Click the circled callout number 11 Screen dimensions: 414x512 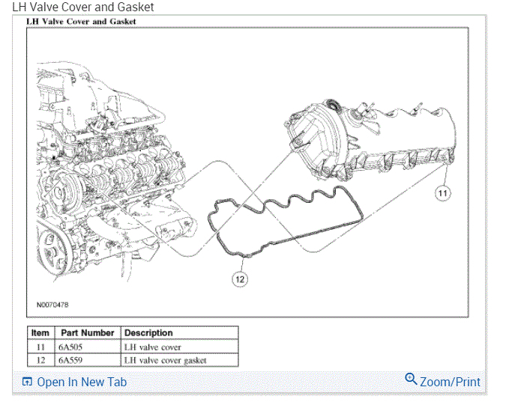pyautogui.click(x=443, y=193)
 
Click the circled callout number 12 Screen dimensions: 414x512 pyautogui.click(x=240, y=278)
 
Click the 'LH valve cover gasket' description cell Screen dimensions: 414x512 pyautogui.click(x=165, y=360)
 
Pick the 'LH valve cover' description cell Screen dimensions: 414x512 pyautogui.click(x=151, y=347)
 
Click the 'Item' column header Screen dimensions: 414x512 pyautogui.click(x=40, y=333)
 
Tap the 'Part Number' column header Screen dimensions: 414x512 pyautogui.click(x=86, y=333)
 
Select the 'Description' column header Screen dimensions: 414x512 pyautogui.click(x=148, y=333)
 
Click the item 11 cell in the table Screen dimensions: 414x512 pyautogui.click(x=40, y=347)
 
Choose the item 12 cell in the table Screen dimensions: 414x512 pyautogui.click(x=40, y=360)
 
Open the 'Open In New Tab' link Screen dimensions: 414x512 pyautogui.click(x=82, y=382)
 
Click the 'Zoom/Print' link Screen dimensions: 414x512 pyautogui.click(x=450, y=382)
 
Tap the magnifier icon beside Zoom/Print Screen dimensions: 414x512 pyautogui.click(x=411, y=380)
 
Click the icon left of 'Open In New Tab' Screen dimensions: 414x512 pyautogui.click(x=27, y=382)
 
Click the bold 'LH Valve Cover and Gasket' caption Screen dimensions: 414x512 pyautogui.click(x=81, y=22)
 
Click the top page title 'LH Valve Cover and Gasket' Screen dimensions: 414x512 pyautogui.click(x=83, y=7)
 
